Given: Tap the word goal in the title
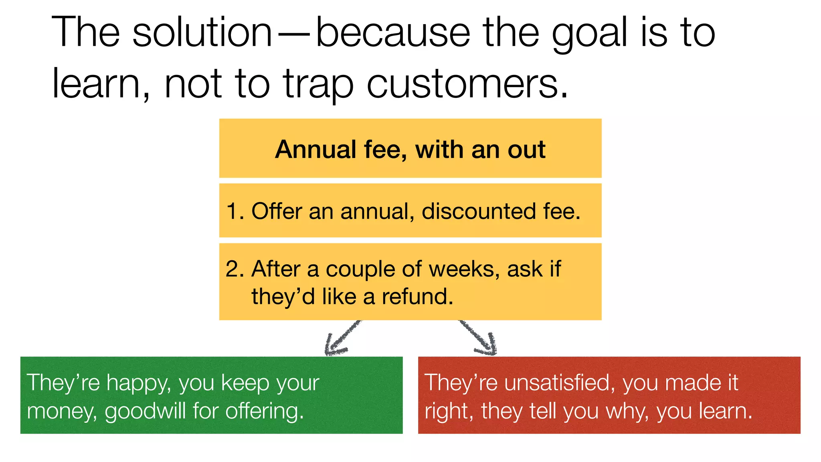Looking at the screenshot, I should (x=589, y=34).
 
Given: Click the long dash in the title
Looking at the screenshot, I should (x=294, y=34).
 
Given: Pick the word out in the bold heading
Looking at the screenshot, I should (x=526, y=150).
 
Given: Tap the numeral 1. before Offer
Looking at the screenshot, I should (x=235, y=211).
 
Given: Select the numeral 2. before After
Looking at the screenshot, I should (x=235, y=269).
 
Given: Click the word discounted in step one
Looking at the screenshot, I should (x=479, y=211).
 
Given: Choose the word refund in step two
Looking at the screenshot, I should (x=417, y=297).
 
